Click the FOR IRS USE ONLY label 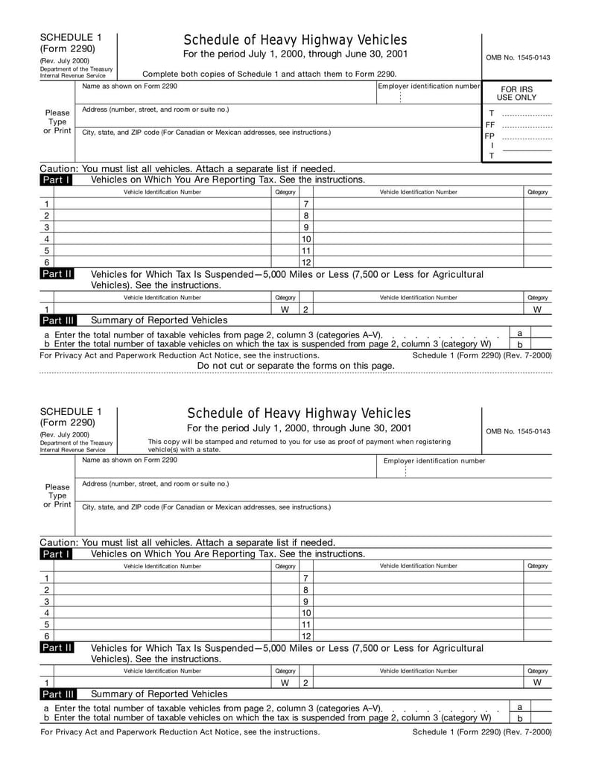click(x=516, y=93)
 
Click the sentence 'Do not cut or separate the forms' click(x=296, y=366)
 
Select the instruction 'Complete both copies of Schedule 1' click(x=269, y=74)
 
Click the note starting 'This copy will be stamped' click(x=299, y=445)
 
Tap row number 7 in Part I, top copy click(x=305, y=204)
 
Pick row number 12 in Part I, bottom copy click(x=305, y=636)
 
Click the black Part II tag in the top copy click(x=57, y=275)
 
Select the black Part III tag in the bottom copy click(x=57, y=694)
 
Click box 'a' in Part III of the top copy click(x=519, y=333)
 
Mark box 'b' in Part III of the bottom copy click(x=519, y=718)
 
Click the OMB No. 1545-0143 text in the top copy click(x=518, y=57)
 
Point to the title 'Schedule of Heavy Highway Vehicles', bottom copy click(x=299, y=413)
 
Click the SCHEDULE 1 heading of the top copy click(x=71, y=37)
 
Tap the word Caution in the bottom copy click(x=58, y=542)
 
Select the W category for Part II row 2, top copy click(x=537, y=309)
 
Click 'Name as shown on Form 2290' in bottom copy click(x=130, y=460)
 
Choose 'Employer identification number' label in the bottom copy click(x=434, y=461)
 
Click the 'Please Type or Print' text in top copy click(x=57, y=121)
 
